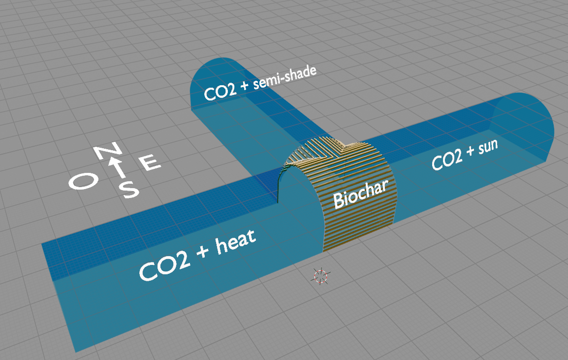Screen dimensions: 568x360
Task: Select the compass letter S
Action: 129,189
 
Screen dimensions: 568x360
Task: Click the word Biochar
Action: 360,193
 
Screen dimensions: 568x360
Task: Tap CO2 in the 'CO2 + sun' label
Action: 446,161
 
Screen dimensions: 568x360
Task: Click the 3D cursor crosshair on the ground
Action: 320,276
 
